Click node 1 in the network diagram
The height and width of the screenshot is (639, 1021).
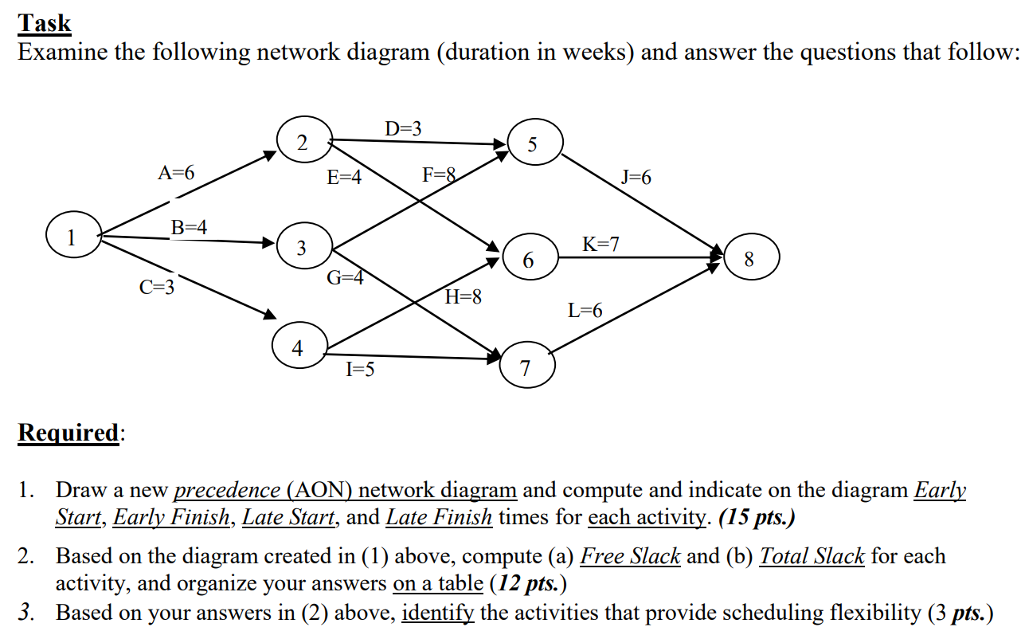coord(71,237)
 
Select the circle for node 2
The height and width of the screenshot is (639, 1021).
coord(301,143)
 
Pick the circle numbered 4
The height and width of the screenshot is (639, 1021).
coord(297,348)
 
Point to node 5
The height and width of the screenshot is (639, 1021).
coord(533,144)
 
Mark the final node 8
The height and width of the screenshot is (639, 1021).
coord(748,259)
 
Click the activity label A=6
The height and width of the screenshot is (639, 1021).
coord(176,173)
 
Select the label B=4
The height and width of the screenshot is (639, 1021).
coord(190,227)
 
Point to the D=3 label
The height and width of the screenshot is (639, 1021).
coord(404,128)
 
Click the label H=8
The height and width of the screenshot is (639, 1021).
coord(464,298)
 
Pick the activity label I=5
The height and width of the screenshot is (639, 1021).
coord(361,369)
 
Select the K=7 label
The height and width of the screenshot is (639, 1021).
coord(601,244)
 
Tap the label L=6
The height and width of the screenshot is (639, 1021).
coord(585,311)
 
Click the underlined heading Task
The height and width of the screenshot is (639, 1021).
coord(45,24)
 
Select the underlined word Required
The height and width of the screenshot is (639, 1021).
coord(69,433)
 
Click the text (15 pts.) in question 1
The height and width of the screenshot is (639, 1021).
coord(757,518)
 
